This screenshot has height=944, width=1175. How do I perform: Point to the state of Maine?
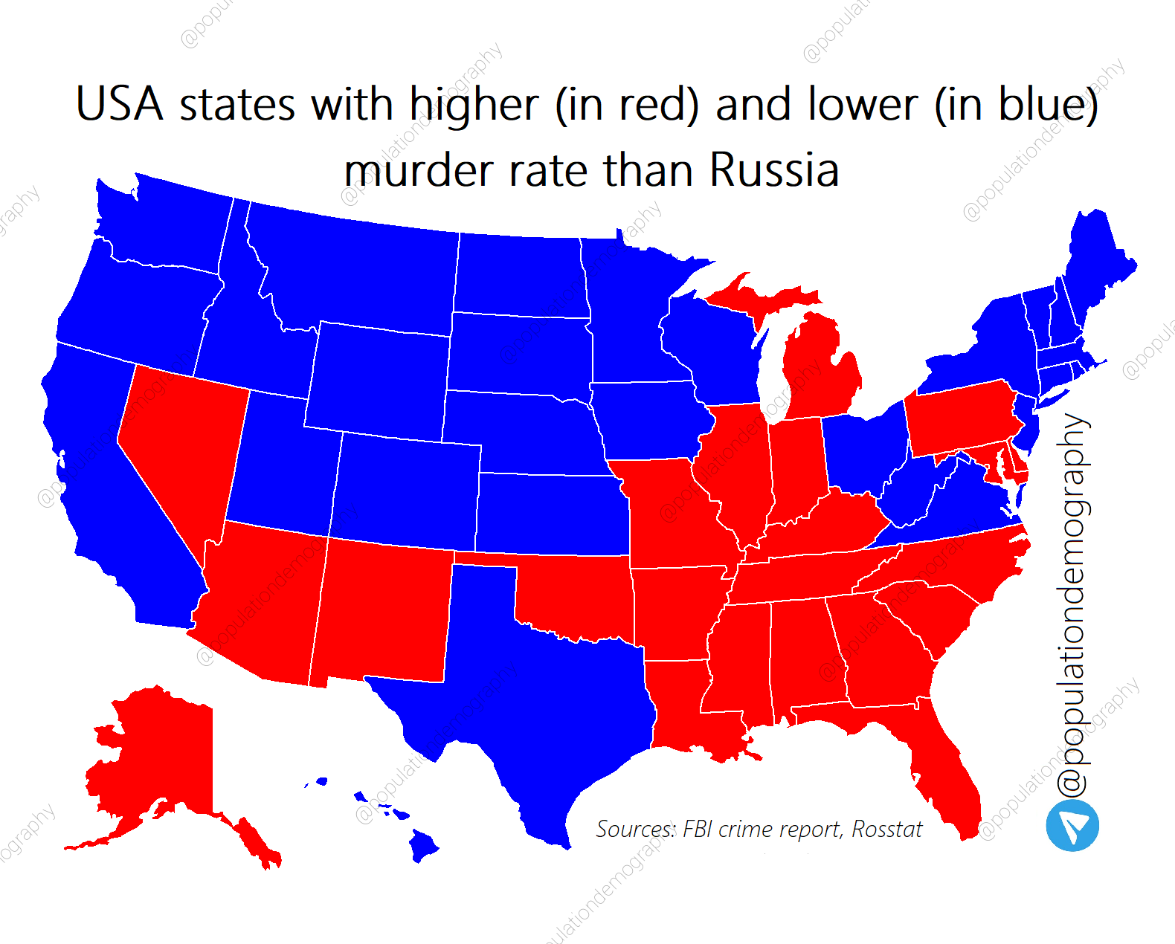point(1097,260)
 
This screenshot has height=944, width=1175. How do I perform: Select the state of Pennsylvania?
point(959,416)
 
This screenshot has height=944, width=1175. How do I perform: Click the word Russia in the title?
point(773,169)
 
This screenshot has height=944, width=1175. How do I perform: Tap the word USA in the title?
point(119,104)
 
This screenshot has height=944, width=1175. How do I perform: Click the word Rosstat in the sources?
point(886,829)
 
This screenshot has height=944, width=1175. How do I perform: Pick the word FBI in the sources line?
point(698,829)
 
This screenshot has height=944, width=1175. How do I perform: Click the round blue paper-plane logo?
point(1072,825)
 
